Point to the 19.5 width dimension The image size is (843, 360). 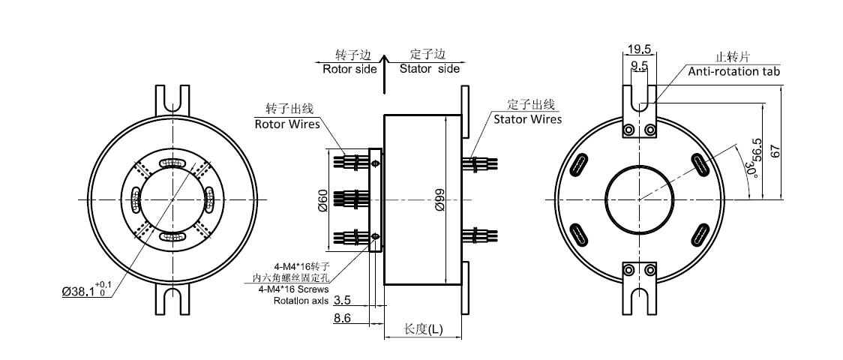click(x=639, y=49)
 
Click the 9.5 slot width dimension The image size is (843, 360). click(x=640, y=66)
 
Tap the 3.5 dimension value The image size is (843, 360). click(x=342, y=299)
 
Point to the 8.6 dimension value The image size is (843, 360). click(x=342, y=318)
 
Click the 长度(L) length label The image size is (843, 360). click(x=423, y=329)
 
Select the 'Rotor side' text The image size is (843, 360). click(x=349, y=69)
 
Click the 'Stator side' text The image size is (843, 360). click(x=429, y=69)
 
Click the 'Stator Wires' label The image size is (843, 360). click(x=527, y=118)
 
